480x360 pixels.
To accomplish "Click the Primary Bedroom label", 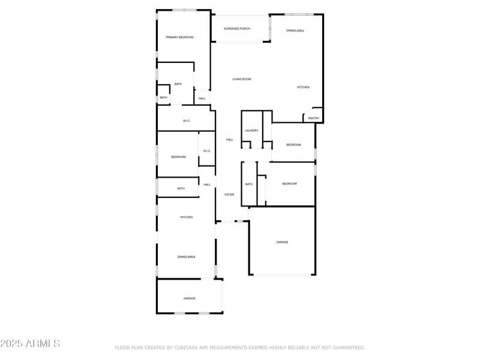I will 179,37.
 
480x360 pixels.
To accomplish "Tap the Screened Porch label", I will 237,28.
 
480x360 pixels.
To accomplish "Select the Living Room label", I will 242,79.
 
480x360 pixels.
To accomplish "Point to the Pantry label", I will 314,118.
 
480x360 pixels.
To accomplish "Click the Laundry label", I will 251,130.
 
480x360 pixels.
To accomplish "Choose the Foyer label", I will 229,194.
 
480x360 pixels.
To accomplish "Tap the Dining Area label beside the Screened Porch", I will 295,31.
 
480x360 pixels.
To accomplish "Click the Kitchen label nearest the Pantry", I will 304,88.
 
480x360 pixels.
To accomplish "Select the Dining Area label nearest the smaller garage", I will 186,257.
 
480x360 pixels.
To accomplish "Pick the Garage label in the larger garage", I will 282,242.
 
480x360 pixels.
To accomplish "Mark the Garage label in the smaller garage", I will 190,298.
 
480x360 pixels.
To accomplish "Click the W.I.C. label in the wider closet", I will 187,121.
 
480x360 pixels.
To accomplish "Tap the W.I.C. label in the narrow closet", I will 206,151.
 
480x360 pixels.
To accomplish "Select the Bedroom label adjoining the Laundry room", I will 293,145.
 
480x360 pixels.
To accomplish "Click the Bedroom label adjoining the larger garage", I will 289,184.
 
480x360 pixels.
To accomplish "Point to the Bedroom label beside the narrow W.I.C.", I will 178,157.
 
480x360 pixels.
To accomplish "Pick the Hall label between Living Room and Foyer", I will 229,140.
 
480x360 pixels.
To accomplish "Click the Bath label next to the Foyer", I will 248,184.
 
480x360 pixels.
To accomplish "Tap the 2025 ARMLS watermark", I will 30,344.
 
